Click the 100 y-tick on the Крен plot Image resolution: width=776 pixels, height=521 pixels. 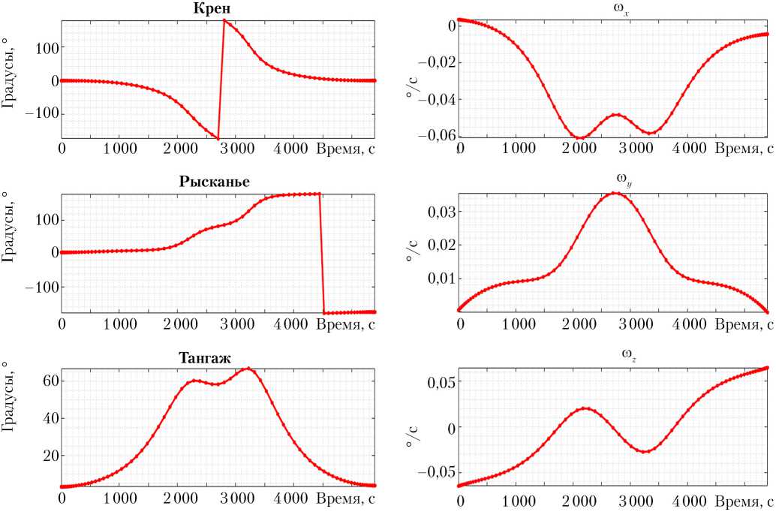[x=42, y=47]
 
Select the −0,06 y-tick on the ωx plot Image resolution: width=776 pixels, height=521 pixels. [x=435, y=135]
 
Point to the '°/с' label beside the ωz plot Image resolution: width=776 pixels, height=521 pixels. [x=411, y=429]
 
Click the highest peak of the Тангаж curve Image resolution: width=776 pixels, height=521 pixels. [x=248, y=369]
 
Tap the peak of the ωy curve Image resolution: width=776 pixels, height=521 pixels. [x=615, y=193]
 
